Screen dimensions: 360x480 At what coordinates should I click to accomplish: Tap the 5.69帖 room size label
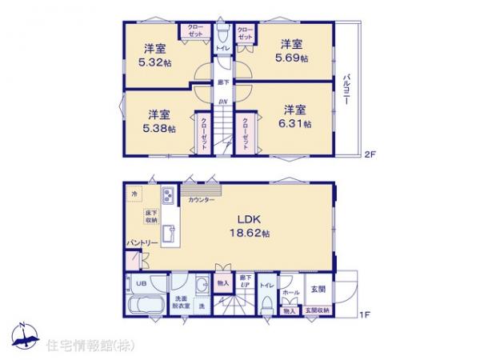pos(294,59)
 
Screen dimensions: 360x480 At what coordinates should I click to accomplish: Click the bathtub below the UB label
pos(145,309)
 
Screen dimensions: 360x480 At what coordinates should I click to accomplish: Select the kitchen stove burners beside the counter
pos(169,197)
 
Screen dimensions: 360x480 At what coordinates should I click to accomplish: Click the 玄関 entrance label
pos(317,288)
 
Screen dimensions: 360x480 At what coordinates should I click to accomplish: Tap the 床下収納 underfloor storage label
pos(150,215)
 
